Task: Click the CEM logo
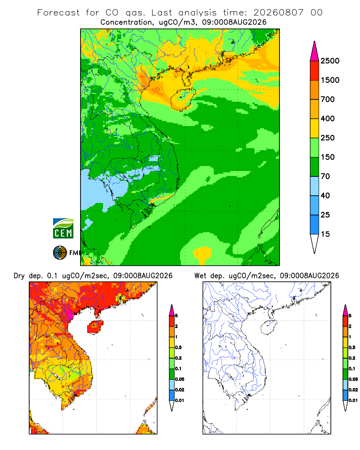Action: pos(63,228)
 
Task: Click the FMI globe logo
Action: pos(60,253)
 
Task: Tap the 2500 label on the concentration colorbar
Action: pos(330,61)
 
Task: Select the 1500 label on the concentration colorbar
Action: pos(330,80)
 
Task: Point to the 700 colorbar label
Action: pos(328,99)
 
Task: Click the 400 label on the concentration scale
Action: pos(328,118)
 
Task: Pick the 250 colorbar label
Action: pos(328,138)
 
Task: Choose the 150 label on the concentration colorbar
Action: pos(328,157)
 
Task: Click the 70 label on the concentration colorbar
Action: pos(325,176)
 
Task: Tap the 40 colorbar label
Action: pos(325,195)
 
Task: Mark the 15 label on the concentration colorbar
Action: pos(325,234)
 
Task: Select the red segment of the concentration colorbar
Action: pos(315,71)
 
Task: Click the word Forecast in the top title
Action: pos(58,13)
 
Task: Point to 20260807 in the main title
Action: pos(278,13)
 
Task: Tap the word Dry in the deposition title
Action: pos(19,276)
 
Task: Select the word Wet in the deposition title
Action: pos(200,276)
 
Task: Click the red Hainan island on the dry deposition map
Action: pos(95,327)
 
